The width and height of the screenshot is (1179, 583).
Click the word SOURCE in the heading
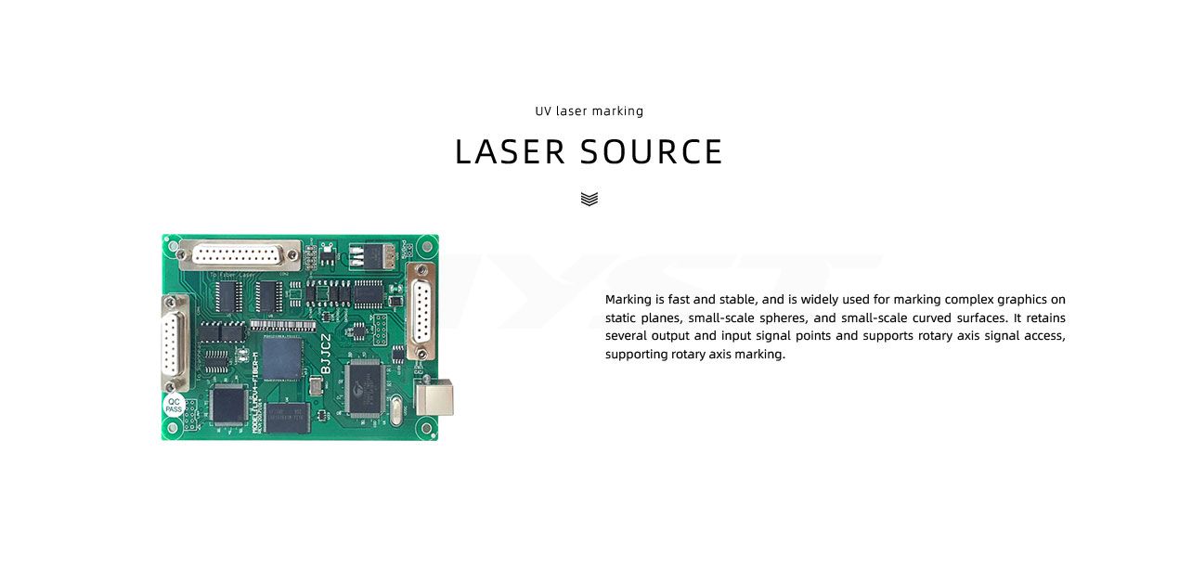pos(652,152)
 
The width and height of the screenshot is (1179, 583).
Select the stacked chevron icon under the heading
pos(589,199)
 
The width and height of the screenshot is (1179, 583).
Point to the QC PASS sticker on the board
pos(174,406)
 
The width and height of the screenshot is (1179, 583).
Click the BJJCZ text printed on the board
pos(326,354)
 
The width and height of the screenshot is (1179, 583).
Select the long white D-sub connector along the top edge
pos(240,253)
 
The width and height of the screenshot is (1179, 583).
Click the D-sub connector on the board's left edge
pos(174,341)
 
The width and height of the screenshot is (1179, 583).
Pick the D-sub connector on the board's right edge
pos(421,313)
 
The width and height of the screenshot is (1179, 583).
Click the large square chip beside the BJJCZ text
pos(282,360)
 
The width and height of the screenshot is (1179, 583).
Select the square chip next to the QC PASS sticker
pos(226,404)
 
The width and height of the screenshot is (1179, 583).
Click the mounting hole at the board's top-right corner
pos(426,247)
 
